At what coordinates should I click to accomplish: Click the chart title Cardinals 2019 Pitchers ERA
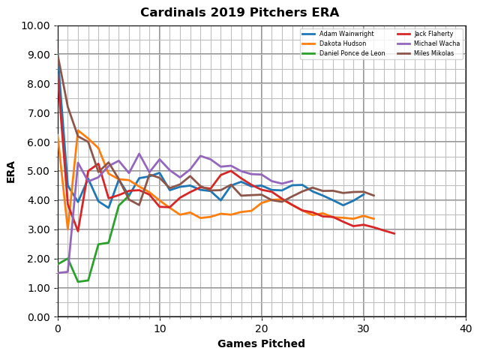tap(239, 13)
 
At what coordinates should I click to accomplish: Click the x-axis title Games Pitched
tap(261, 344)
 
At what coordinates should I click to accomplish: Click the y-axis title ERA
tap(11, 171)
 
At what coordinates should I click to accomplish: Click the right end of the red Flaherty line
tap(394, 234)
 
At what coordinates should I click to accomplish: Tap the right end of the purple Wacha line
tap(292, 181)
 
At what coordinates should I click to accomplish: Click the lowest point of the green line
tap(78, 282)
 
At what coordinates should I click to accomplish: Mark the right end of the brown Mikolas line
tap(373, 196)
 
